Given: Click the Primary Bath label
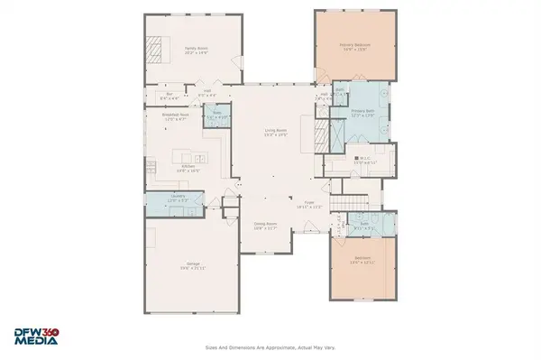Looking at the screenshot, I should tap(363, 113).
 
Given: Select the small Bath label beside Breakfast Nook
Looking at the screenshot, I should tap(216, 116).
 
